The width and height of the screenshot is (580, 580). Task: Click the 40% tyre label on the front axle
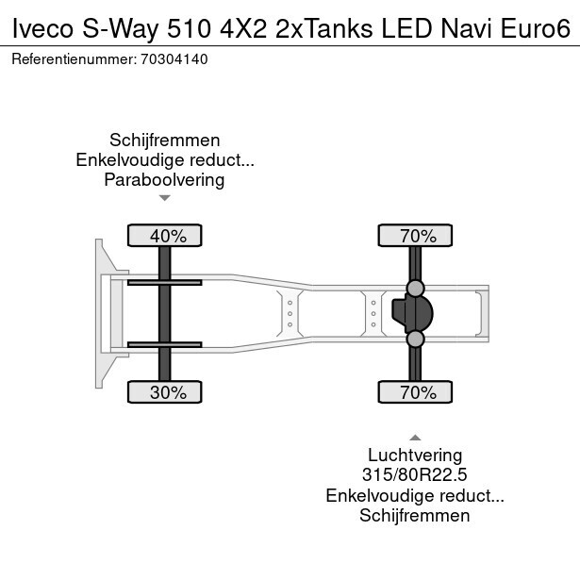[x=167, y=236]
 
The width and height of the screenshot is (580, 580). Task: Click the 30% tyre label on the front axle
[x=167, y=392]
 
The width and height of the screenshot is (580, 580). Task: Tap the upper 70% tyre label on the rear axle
[x=415, y=236]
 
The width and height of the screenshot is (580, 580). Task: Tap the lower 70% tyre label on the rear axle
[x=415, y=392]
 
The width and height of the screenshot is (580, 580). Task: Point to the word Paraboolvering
[x=164, y=179]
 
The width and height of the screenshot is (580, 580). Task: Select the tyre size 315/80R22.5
[x=415, y=474]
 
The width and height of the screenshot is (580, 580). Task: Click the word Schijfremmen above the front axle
[x=164, y=140]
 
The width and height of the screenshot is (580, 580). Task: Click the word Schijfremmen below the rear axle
[x=415, y=515]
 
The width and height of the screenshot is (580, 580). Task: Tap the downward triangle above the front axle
[x=164, y=198]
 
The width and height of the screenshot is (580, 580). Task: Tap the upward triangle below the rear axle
[x=415, y=437]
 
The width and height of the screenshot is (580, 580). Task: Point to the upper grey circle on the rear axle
[x=415, y=287]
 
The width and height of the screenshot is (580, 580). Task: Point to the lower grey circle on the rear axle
[x=415, y=339]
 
